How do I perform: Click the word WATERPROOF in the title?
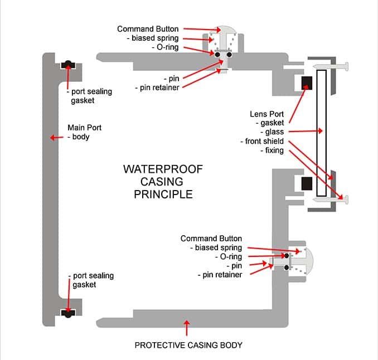click(x=163, y=169)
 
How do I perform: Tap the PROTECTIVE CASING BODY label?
click(x=188, y=345)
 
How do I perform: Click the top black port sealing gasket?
click(x=68, y=65)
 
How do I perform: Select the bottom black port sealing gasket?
click(x=68, y=313)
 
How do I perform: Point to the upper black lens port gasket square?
click(x=307, y=83)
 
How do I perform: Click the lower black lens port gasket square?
click(x=307, y=183)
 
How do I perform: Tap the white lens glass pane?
click(x=321, y=133)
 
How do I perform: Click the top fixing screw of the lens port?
click(x=331, y=66)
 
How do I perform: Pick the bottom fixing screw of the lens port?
click(x=331, y=199)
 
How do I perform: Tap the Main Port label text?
click(x=84, y=128)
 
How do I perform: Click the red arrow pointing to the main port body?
click(x=57, y=138)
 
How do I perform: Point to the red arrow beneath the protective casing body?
click(x=187, y=328)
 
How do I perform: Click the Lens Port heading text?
click(x=266, y=114)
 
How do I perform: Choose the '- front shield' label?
click(x=262, y=141)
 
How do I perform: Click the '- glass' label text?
click(x=272, y=132)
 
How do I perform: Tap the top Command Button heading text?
click(x=148, y=29)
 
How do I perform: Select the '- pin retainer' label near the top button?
click(x=157, y=87)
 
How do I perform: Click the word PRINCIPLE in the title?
click(x=163, y=194)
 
